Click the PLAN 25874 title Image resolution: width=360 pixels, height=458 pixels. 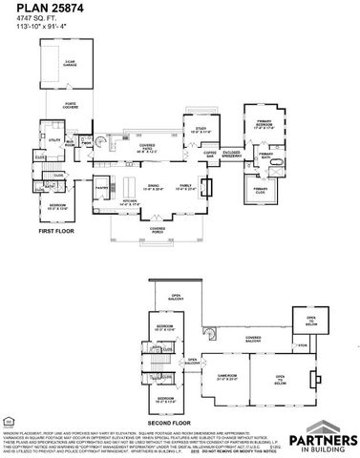47,9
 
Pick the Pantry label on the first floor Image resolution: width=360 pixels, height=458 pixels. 99,189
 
